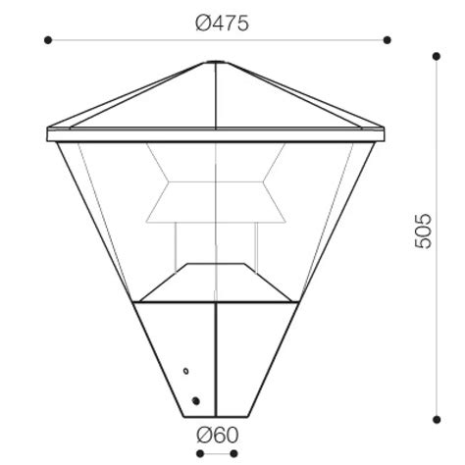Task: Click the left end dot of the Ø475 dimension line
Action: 47,40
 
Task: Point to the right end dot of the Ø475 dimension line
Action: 387,40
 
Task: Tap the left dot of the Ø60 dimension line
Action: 198,453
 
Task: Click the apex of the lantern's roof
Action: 217,63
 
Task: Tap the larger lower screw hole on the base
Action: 194,400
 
